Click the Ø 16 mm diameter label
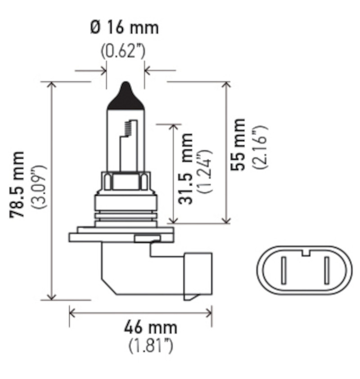(125, 28)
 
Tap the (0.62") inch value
(123, 51)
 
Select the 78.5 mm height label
(18, 185)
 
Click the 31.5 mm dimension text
(185, 169)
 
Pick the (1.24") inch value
(205, 170)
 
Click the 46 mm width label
(150, 327)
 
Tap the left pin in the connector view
(283, 270)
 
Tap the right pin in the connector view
(326, 270)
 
